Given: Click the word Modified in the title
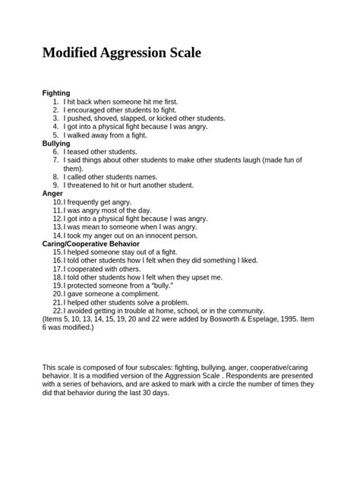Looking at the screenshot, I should point(73,55).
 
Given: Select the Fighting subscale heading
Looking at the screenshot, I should point(57,93).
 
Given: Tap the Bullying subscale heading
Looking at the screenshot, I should point(57,143).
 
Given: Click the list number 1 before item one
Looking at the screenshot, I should point(55,101).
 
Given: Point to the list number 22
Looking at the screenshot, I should point(58,310).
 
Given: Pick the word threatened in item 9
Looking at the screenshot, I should point(90,185).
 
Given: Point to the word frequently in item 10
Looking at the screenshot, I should point(87,201).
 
